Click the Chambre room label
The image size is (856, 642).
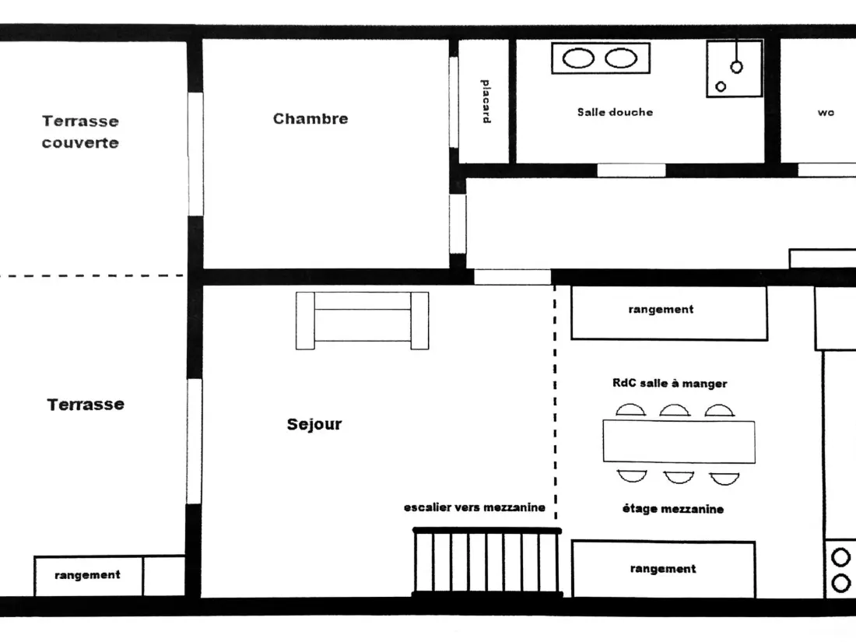click(x=310, y=118)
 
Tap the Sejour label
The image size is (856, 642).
click(x=314, y=424)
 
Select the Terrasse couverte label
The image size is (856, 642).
click(x=80, y=132)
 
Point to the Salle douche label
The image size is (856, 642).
click(x=615, y=112)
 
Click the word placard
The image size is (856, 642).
click(x=486, y=101)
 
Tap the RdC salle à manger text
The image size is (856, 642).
click(x=669, y=383)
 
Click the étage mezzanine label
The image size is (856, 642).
click(x=672, y=509)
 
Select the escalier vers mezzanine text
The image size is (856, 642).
click(x=475, y=507)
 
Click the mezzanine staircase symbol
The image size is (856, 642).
click(x=487, y=562)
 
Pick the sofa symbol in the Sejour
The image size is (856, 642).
click(x=362, y=321)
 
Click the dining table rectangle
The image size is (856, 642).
click(x=679, y=442)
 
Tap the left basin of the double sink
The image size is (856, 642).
click(x=578, y=58)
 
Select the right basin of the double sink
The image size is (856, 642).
click(x=621, y=58)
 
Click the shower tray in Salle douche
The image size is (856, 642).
click(x=735, y=68)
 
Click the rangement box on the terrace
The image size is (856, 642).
click(x=88, y=575)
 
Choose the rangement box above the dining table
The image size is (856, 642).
click(x=669, y=314)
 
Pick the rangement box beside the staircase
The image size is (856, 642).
click(x=663, y=569)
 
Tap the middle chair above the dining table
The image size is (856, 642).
click(x=674, y=410)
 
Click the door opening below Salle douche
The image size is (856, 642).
click(x=631, y=170)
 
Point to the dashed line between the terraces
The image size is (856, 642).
click(x=92, y=275)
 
